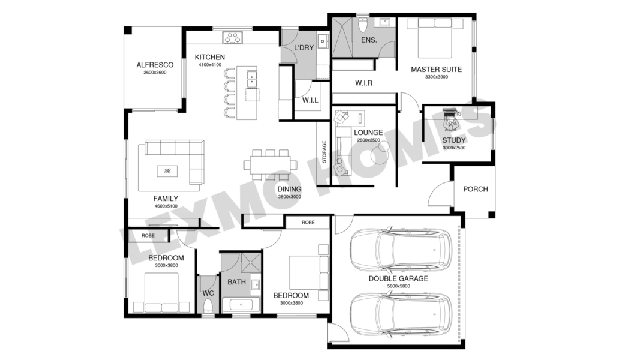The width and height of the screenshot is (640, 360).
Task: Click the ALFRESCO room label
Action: click(155, 65)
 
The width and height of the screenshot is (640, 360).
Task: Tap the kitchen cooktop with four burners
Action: click(232, 38)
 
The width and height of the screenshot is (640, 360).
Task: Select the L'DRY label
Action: click(304, 48)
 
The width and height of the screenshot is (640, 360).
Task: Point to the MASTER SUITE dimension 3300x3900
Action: click(436, 77)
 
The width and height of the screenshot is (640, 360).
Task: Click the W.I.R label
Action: click(363, 83)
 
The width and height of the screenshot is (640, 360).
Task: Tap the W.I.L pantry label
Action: click(310, 100)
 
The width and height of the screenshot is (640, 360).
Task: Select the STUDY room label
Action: click(454, 140)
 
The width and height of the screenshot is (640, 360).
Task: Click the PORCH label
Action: click(476, 190)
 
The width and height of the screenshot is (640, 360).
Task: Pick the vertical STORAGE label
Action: click(324, 152)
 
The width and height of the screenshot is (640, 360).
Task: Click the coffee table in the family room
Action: click(167, 171)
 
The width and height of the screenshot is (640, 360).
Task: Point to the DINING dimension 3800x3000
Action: click(289, 197)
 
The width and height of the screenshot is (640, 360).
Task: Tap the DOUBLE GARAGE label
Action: click(398, 279)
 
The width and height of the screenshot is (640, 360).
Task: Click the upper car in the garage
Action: click(401, 250)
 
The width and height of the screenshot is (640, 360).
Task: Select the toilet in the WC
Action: click(208, 306)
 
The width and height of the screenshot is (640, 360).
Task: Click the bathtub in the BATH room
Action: click(241, 304)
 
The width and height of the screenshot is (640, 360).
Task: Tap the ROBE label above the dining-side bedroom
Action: click(308, 223)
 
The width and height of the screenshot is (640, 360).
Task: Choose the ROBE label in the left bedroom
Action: click(148, 236)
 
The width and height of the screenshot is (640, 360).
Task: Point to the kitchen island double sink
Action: click(251, 79)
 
